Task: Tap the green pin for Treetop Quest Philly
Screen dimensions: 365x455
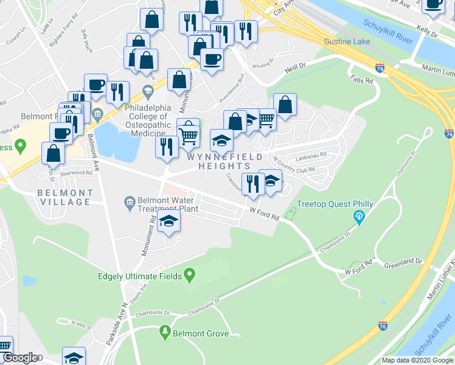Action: pyautogui.click(x=359, y=216)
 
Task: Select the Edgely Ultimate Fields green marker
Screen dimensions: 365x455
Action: pyautogui.click(x=189, y=276)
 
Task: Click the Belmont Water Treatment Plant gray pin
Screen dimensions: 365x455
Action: pyautogui.click(x=129, y=201)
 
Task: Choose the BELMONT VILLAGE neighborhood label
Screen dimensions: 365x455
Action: pyautogui.click(x=65, y=197)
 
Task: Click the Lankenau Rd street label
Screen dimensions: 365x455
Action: pyautogui.click(x=314, y=154)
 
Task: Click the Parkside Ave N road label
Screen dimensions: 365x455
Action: pyautogui.click(x=116, y=325)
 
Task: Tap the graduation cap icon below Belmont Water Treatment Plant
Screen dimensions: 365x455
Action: pyautogui.click(x=169, y=222)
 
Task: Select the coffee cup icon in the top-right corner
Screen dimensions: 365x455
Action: pyautogui.click(x=433, y=5)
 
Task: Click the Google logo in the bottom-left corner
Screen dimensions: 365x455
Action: pyautogui.click(x=19, y=358)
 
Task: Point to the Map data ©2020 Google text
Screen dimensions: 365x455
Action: pyautogui.click(x=417, y=360)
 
